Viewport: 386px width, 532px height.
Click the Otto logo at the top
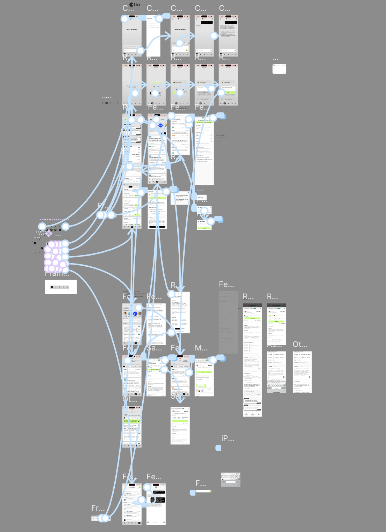point(135,5)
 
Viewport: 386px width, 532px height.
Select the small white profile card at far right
point(279,69)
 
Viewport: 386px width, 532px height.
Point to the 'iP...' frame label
point(228,438)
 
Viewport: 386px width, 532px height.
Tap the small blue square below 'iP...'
point(219,448)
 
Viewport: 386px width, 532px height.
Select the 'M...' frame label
point(201,348)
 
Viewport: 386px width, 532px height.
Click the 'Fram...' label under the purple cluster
point(57,273)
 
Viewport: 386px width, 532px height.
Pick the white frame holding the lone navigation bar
point(60,287)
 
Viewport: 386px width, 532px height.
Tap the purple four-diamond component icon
point(49,233)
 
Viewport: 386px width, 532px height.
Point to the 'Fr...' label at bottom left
point(98,508)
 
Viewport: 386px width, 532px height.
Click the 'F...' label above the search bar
point(201,483)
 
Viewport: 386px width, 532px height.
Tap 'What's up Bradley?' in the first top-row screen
point(132,30)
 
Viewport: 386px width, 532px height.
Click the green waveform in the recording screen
point(156,82)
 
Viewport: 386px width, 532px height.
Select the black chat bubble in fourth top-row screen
point(206,23)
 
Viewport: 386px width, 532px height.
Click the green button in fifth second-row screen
point(228,93)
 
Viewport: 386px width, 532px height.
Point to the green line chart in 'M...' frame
point(204,386)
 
